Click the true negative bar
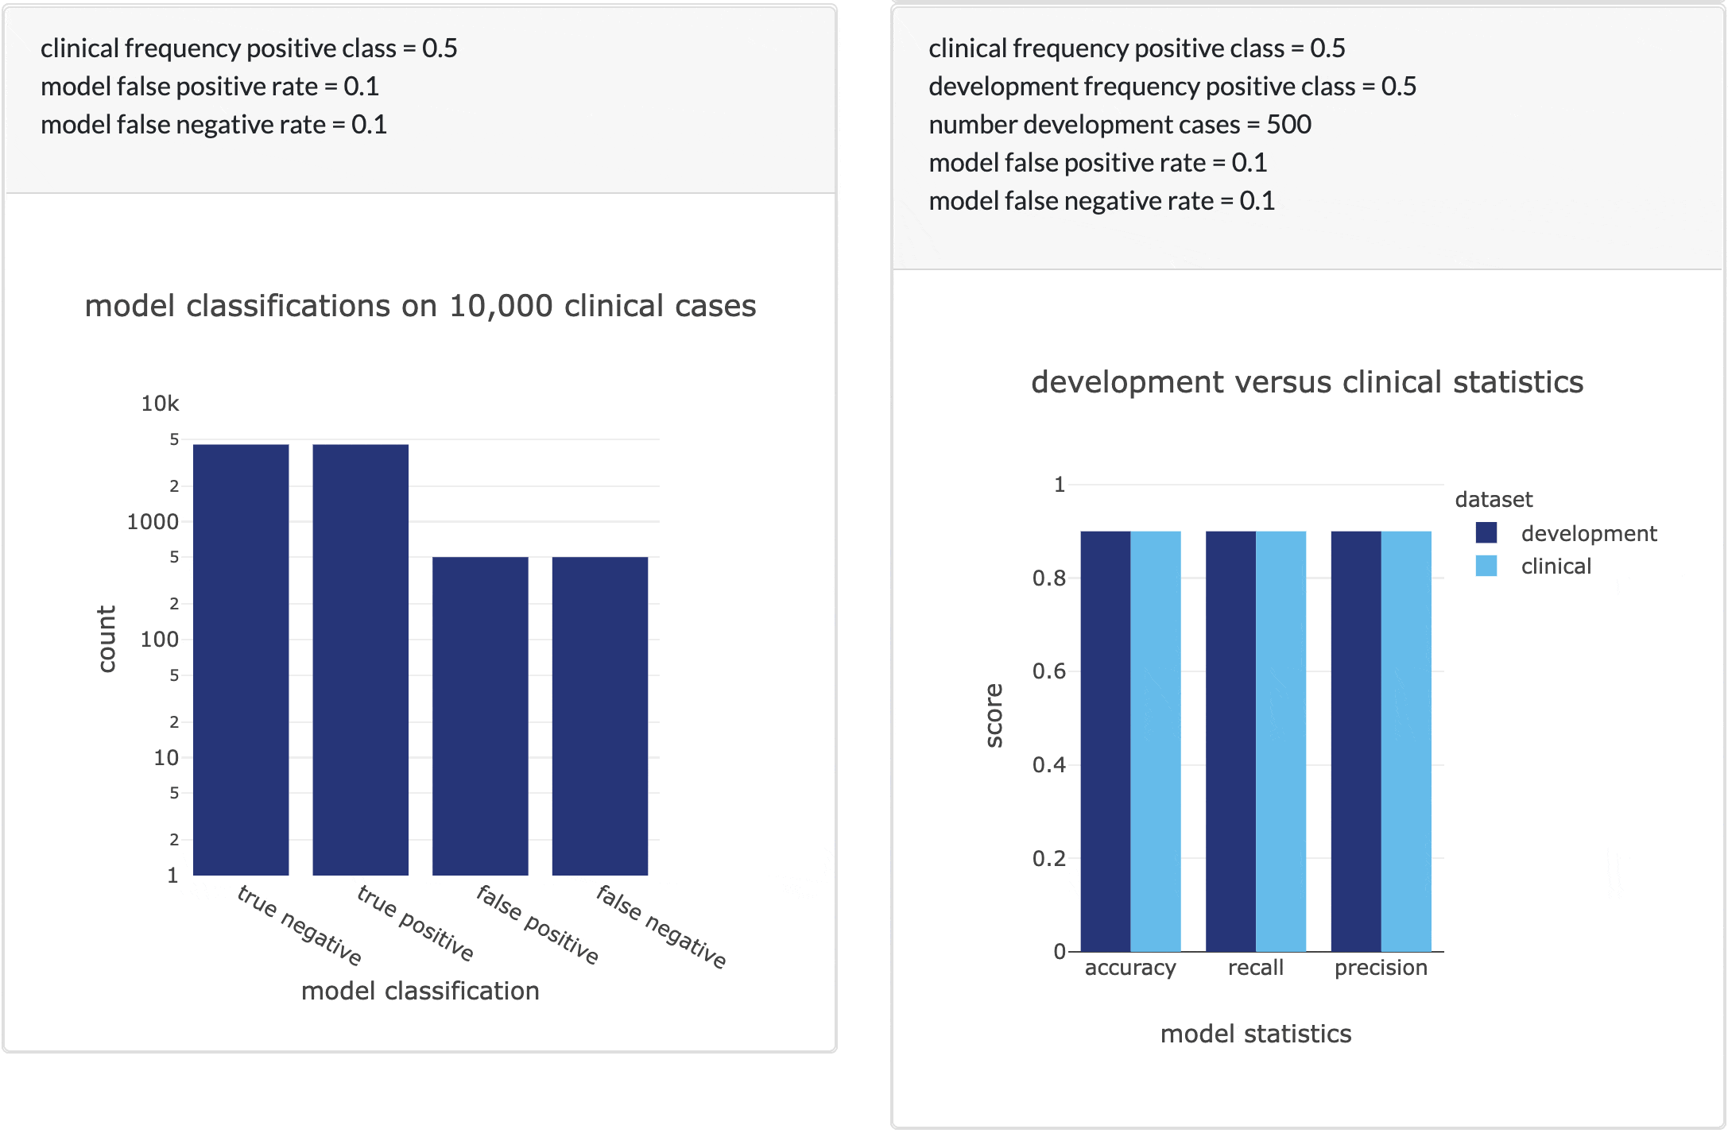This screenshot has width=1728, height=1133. [x=241, y=659]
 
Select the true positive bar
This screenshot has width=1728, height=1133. [x=360, y=659]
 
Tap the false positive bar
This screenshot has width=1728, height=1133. [x=480, y=715]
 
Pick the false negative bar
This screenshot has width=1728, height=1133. [x=600, y=715]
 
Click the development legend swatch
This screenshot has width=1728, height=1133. [x=1486, y=533]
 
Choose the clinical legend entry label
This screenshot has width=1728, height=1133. [x=1556, y=566]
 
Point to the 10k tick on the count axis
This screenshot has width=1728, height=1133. [x=160, y=404]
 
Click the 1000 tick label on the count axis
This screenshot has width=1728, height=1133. [x=153, y=522]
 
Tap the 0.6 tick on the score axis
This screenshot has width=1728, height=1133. [x=1048, y=671]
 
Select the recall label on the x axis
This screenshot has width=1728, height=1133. [x=1255, y=968]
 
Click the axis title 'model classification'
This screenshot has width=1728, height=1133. [x=420, y=991]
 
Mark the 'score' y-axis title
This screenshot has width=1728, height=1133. [x=994, y=715]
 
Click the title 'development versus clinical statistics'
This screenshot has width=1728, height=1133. [x=1307, y=382]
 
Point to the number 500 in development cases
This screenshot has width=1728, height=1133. [x=1288, y=125]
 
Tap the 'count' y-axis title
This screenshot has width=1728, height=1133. [x=107, y=639]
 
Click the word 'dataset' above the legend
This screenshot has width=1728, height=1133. [x=1493, y=500]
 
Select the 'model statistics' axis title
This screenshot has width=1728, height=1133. [x=1255, y=1034]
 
